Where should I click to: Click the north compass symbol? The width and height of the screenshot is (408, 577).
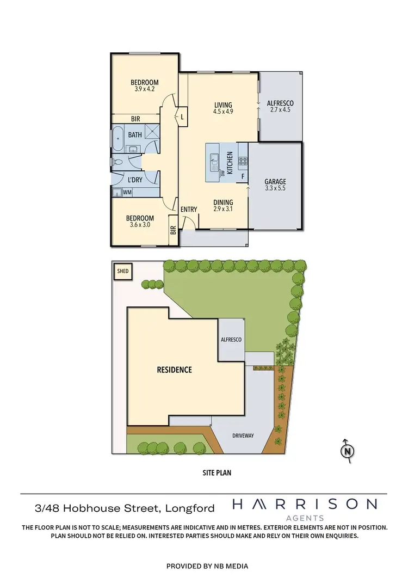point(347,450)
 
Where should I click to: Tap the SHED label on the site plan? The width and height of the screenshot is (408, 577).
point(122,271)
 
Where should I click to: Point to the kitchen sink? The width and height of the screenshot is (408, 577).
point(215,160)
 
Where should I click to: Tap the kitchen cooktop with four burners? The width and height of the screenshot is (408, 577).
point(243,161)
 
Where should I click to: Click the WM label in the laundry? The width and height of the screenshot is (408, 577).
point(127,192)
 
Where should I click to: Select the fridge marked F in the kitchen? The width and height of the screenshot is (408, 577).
point(242,176)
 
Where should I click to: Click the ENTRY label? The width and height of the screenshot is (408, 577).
point(189,209)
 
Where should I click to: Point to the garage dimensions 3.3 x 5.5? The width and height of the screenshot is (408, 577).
point(275,188)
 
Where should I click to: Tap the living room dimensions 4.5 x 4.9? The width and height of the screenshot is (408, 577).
point(223,112)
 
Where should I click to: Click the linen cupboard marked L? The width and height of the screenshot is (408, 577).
point(182,116)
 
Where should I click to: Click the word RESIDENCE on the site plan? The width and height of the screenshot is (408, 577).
point(174,370)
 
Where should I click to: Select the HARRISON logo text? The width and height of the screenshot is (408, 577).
point(305,505)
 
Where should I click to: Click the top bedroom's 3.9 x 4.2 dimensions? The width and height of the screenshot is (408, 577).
point(144,89)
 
